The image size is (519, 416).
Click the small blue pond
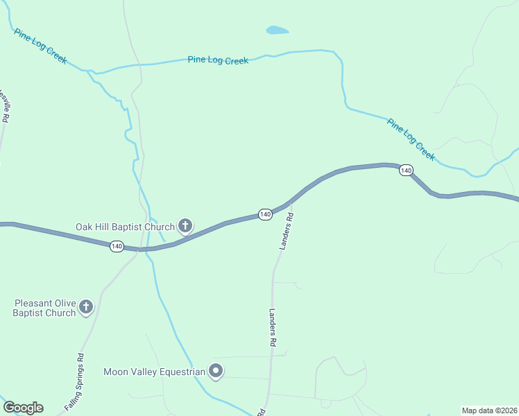point(276,31)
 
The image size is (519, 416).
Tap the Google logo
point(23,408)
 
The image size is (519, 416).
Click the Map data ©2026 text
point(490,410)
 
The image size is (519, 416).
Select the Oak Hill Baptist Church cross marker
point(185,226)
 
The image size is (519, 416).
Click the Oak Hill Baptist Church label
point(125,227)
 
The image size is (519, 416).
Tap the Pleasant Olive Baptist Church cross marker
point(86,307)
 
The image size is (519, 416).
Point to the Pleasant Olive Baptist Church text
point(44,308)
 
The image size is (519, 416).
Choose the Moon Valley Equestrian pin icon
point(216,372)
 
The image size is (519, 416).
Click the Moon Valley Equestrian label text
point(154,372)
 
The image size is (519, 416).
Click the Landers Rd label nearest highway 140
point(287,231)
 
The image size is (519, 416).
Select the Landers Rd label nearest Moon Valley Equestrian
point(273,328)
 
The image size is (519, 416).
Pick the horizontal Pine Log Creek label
point(218,60)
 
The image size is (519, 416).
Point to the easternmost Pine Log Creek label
point(411,139)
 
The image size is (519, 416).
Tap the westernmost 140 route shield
point(117,246)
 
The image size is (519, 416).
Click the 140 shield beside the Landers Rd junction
point(265,215)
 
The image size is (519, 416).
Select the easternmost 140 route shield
point(406,171)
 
